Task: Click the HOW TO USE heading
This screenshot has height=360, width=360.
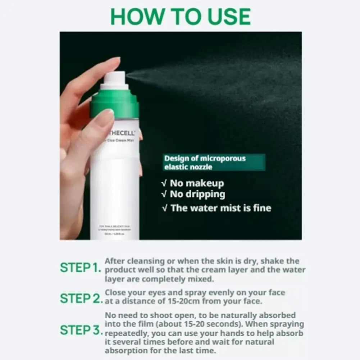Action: click(181, 16)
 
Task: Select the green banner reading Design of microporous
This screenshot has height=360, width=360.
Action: click(214, 163)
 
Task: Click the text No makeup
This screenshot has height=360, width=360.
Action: click(197, 183)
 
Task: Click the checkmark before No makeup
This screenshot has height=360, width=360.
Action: click(164, 183)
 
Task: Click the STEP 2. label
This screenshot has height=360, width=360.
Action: click(81, 299)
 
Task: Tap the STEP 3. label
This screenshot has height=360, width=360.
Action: click(81, 330)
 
